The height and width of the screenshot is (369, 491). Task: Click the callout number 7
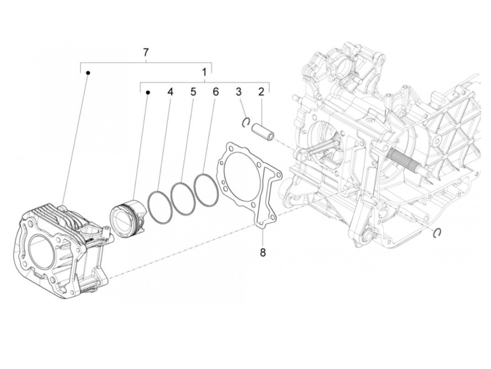[146, 53]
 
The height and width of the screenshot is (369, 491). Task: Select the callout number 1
[204, 73]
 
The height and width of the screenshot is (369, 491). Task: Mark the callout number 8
[263, 252]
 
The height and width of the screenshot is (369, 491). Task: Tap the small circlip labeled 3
[246, 122]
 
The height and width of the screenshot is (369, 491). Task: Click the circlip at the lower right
[437, 233]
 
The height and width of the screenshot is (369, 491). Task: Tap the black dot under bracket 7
[88, 73]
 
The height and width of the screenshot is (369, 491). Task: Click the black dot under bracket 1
[148, 93]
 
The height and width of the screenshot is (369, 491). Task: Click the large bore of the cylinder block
[45, 252]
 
